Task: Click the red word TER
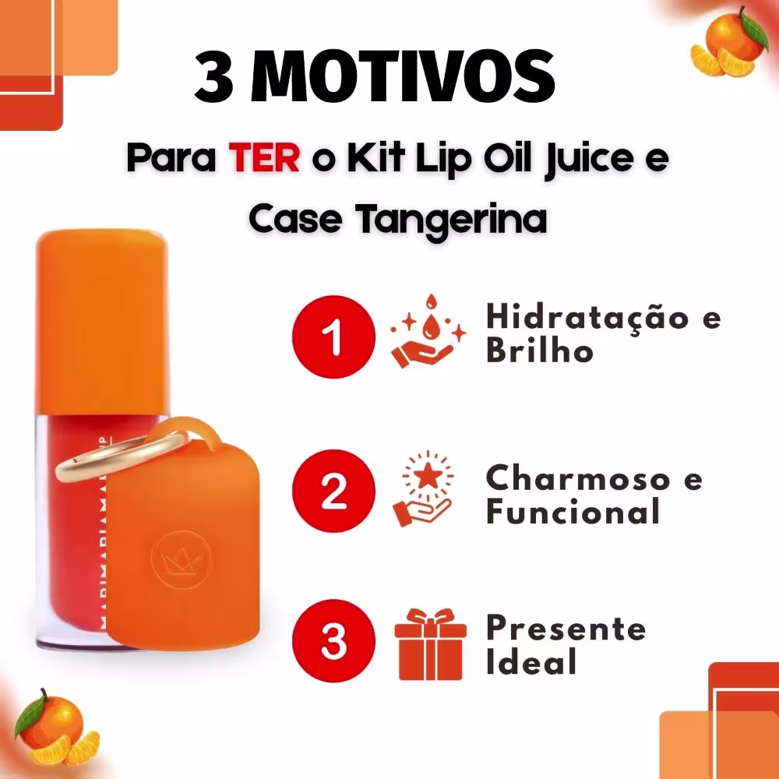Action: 264,157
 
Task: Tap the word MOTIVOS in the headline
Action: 403,76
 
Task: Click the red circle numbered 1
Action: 333,337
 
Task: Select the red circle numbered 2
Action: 333,491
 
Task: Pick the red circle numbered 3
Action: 333,641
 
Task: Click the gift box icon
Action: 430,644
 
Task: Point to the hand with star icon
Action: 425,489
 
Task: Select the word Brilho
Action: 540,350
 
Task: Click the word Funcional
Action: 573,511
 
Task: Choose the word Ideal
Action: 531,661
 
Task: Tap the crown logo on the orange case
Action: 181,560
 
